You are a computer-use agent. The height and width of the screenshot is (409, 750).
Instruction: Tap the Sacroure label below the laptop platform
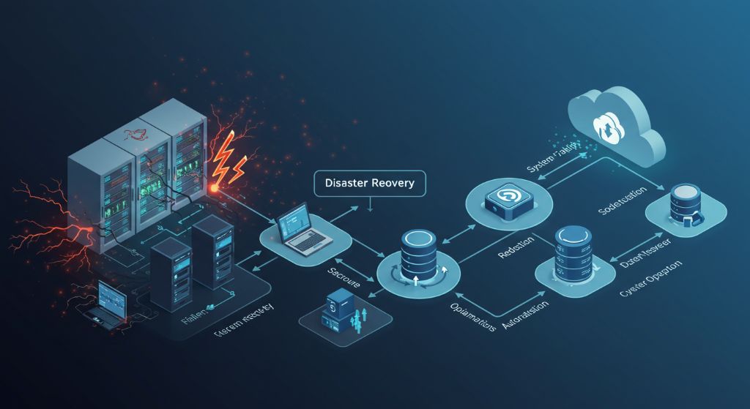point(342,276)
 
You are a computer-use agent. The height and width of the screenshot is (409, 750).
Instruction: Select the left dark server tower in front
point(171,269)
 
